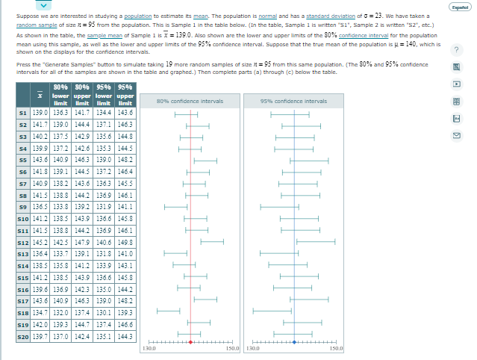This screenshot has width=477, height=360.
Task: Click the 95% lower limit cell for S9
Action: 105,206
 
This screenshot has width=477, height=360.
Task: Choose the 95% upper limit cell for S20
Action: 125,337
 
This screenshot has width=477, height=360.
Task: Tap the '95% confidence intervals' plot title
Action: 294,101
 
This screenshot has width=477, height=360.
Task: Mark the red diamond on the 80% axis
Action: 190,342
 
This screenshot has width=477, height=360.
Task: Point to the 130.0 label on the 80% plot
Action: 149,349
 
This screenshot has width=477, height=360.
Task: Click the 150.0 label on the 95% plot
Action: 335,349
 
